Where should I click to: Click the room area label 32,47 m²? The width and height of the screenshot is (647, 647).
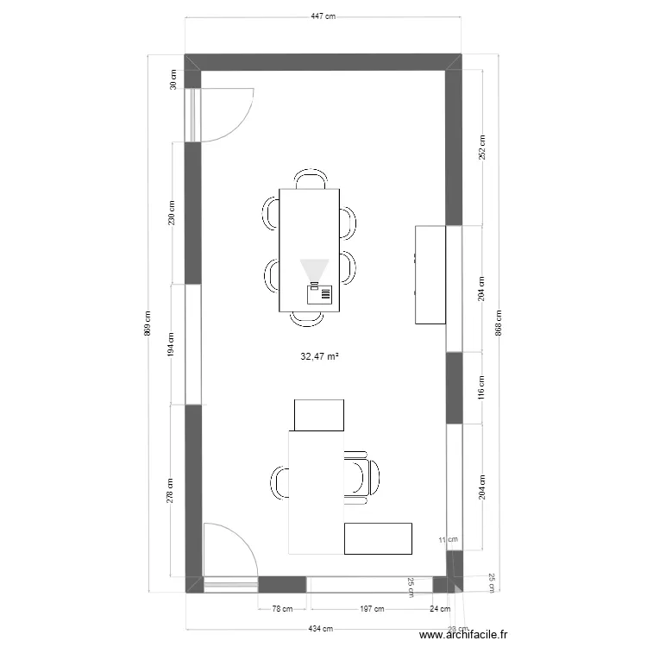click(x=319, y=355)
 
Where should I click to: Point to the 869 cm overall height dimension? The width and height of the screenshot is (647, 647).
click(x=148, y=323)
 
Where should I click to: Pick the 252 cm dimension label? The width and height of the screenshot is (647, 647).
click(x=483, y=148)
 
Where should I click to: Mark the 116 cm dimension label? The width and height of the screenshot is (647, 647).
click(x=483, y=387)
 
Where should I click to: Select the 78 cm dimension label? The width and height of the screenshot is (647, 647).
click(x=282, y=609)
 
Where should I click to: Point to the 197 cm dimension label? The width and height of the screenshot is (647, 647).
click(x=372, y=609)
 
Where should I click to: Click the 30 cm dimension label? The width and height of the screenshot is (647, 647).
click(x=173, y=80)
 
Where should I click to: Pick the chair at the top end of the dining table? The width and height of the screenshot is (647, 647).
click(x=310, y=179)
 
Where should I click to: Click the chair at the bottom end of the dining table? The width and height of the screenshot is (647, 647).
click(x=307, y=319)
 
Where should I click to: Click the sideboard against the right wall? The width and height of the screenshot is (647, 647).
click(x=430, y=274)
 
